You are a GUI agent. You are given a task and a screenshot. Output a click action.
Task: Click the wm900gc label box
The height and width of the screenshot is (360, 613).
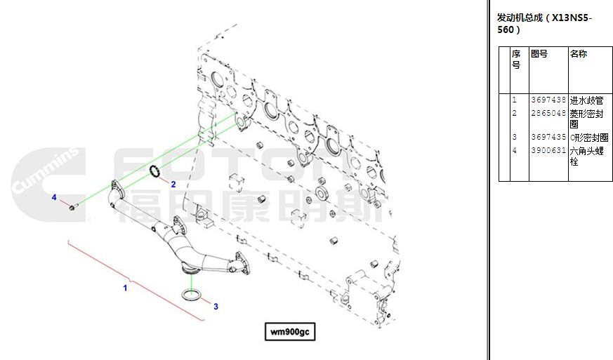[x=290, y=331]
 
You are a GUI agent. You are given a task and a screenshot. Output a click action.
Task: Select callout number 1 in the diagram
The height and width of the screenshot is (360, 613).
[x=125, y=288]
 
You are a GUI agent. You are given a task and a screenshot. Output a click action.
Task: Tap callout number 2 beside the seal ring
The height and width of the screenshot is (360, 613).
[x=173, y=184]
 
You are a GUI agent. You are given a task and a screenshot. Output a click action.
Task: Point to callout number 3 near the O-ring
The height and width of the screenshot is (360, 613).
[x=216, y=307]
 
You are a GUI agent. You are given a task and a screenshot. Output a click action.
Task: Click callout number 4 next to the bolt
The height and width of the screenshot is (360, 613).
[x=54, y=197]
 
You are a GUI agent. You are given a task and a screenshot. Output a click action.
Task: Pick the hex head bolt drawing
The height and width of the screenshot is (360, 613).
[x=74, y=206]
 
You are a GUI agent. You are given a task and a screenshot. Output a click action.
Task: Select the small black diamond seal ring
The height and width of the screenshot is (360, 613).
[x=155, y=171]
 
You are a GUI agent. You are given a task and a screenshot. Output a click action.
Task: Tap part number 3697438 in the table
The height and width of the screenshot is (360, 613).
[x=548, y=100]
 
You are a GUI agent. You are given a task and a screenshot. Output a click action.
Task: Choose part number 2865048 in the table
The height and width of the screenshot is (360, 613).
[x=548, y=113]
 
